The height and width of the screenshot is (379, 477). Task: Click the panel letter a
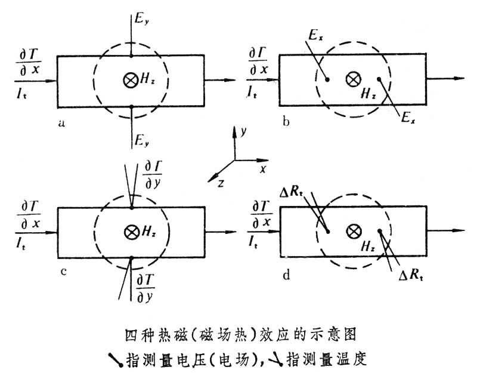point(61,124)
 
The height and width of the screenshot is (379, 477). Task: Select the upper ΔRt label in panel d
point(294,192)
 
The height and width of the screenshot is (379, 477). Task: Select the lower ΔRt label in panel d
point(412,277)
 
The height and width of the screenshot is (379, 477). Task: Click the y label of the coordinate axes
point(243,131)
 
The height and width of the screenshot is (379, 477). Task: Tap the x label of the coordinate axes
point(262,169)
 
